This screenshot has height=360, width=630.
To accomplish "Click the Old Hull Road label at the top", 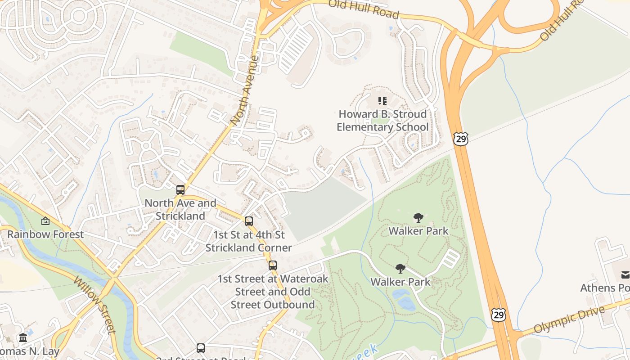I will [x=363, y=9].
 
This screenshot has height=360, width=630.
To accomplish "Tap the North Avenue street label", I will [x=245, y=90].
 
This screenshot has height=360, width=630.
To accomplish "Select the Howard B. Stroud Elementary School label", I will [x=382, y=121].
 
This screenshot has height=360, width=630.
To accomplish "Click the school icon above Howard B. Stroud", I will [x=382, y=100].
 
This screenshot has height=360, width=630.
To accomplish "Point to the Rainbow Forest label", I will [x=45, y=234].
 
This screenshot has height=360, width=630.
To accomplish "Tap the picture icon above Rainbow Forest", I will [x=45, y=221].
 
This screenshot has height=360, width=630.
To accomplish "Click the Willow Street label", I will [x=95, y=306].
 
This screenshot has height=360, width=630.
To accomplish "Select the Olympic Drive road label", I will [x=569, y=320].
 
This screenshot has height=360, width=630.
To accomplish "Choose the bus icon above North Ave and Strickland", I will [x=180, y=190].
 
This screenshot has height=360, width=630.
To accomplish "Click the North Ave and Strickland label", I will [x=180, y=209].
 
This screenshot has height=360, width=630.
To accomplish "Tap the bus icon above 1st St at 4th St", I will [x=249, y=221].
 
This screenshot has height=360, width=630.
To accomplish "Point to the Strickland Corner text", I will [x=249, y=247].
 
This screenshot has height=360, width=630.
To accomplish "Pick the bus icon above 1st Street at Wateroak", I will [x=273, y=265].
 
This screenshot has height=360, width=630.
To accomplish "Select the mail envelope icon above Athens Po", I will [x=625, y=274].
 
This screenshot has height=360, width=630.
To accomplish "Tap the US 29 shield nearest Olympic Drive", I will [x=498, y=315].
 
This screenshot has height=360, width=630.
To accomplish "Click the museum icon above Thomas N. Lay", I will [x=23, y=337].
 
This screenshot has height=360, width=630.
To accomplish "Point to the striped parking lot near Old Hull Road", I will [x=296, y=50].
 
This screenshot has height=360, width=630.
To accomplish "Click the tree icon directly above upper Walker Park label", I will [x=418, y=218].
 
